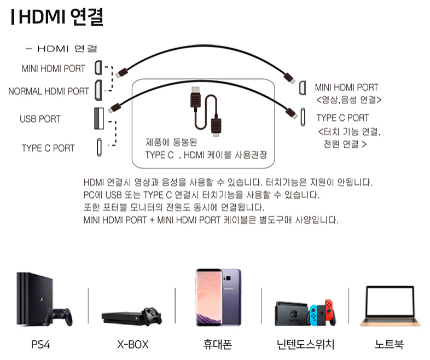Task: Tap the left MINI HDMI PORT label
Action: point(54,69)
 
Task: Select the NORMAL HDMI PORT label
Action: point(49,91)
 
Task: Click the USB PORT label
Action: point(40,119)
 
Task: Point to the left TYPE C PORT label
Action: point(48,148)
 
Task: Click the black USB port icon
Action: point(99,118)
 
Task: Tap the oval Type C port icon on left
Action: point(99,147)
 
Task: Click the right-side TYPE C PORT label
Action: point(342,118)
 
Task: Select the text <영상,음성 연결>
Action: point(348,100)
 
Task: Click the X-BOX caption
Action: point(133,345)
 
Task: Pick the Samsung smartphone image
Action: point(218,297)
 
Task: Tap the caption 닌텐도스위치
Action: point(305,345)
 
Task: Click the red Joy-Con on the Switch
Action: point(329,311)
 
